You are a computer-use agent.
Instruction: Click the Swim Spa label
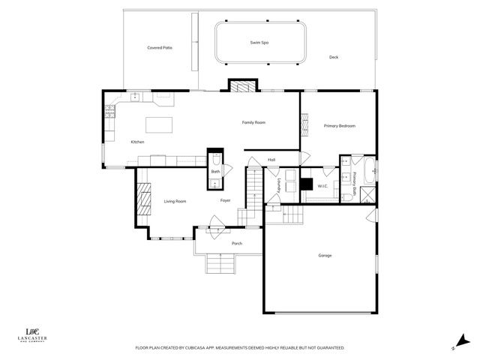click(259, 43)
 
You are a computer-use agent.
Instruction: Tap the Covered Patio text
click(160, 48)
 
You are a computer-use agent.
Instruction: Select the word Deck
click(334, 57)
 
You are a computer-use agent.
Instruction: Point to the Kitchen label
click(137, 142)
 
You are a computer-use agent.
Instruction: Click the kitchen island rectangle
click(158, 123)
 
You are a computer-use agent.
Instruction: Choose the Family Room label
click(253, 122)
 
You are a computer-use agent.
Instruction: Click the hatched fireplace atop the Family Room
click(241, 86)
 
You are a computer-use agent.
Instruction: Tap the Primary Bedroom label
click(339, 126)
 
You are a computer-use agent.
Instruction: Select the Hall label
click(272, 159)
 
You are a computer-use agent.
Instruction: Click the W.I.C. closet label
click(323, 185)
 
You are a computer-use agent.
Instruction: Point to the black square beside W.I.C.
click(306, 183)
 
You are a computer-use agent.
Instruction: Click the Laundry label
click(278, 186)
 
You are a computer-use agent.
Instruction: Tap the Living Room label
click(175, 201)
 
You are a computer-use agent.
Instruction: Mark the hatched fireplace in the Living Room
click(142, 199)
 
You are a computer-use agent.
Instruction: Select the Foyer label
click(225, 200)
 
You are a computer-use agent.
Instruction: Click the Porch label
click(237, 244)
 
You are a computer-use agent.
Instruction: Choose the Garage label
click(325, 256)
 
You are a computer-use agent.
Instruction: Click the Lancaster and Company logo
click(33, 335)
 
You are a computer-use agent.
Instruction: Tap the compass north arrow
click(460, 340)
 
